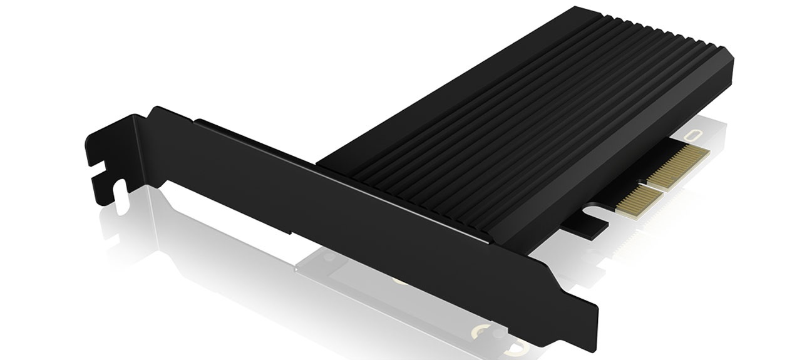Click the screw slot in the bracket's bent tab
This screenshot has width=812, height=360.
coord(104,165)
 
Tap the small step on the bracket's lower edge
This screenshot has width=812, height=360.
coord(292,234)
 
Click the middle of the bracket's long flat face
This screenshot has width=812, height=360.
coord(351,207)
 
